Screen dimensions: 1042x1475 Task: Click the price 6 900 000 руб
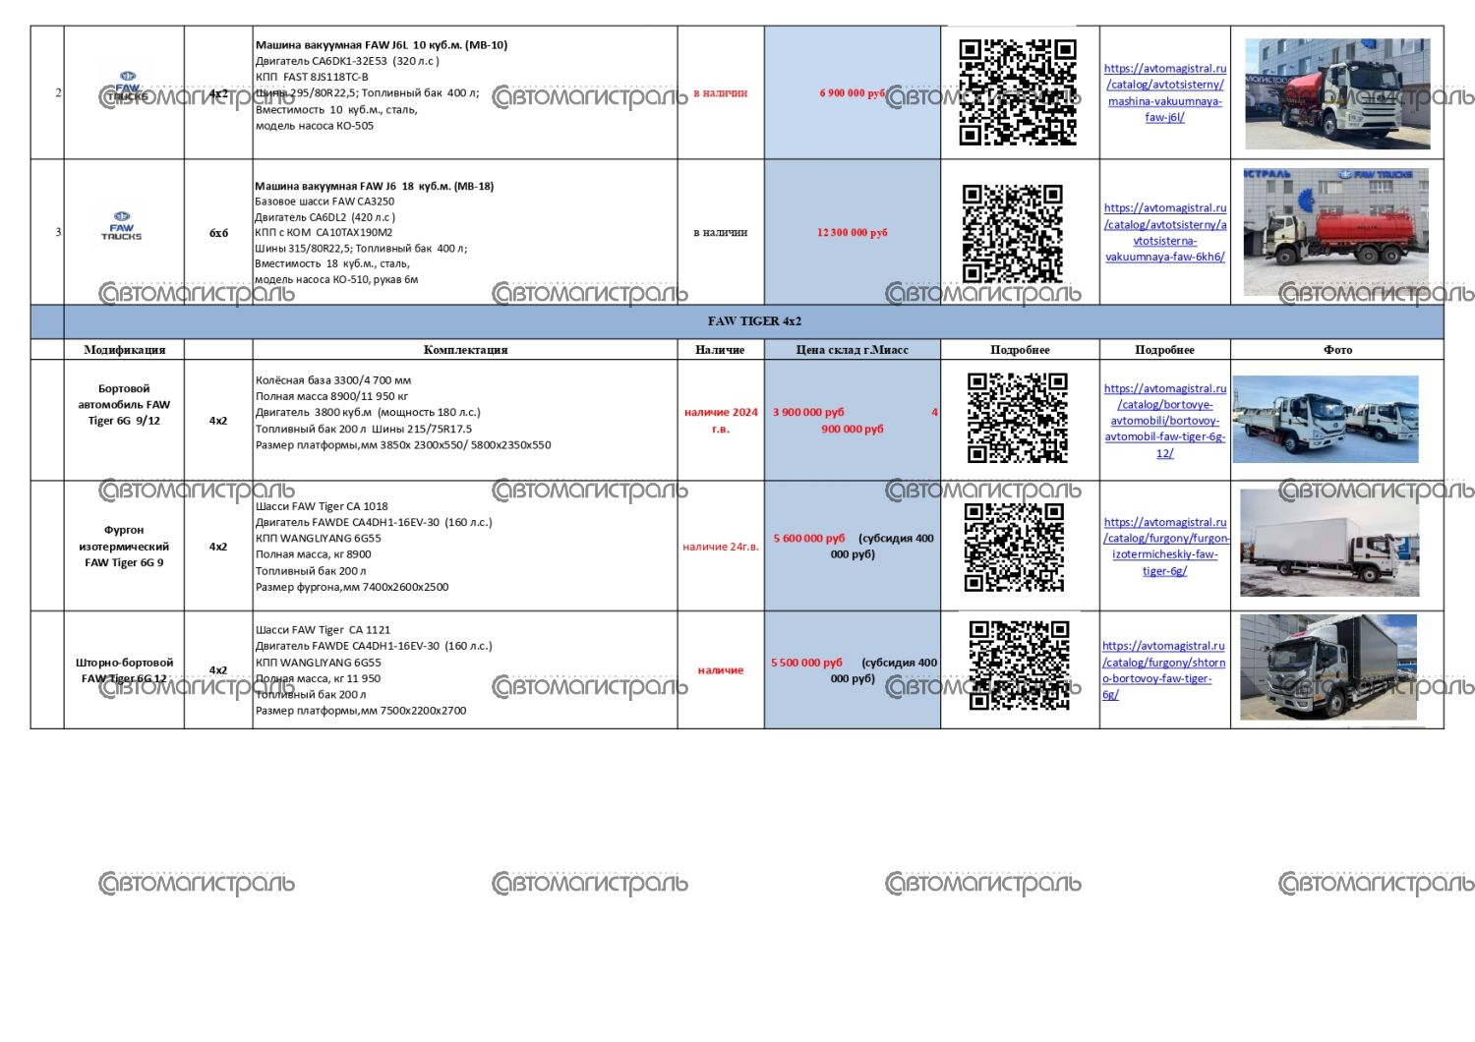(852, 93)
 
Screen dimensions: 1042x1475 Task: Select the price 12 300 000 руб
(852, 233)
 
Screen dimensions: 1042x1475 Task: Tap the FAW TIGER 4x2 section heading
(754, 321)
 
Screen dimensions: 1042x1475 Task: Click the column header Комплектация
(465, 350)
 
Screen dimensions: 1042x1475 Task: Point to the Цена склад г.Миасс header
(852, 350)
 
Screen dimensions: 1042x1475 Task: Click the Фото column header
(1337, 350)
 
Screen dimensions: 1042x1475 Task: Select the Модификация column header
(125, 350)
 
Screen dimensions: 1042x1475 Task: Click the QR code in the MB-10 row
(1018, 92)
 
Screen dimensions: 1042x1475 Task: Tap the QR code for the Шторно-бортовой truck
(1019, 666)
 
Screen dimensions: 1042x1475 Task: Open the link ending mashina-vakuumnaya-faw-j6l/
(1164, 93)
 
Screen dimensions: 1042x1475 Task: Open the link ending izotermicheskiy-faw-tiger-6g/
(1165, 547)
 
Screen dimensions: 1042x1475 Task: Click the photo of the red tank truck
(1335, 232)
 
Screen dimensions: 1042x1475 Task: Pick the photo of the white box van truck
(1329, 543)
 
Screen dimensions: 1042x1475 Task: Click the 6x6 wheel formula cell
(218, 233)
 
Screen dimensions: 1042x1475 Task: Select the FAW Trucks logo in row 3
(122, 226)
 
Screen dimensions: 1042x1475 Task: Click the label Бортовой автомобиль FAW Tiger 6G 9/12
(124, 405)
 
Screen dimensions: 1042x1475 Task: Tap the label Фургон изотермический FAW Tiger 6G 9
(124, 547)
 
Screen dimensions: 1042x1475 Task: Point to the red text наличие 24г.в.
(721, 548)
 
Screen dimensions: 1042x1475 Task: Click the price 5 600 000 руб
(809, 539)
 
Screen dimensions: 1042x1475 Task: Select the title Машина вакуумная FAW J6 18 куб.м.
(374, 186)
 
